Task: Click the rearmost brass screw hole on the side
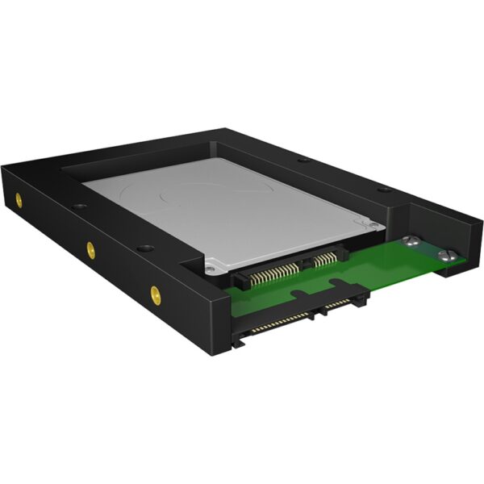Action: pyautogui.click(x=19, y=198)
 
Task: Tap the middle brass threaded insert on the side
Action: pyautogui.click(x=90, y=247)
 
